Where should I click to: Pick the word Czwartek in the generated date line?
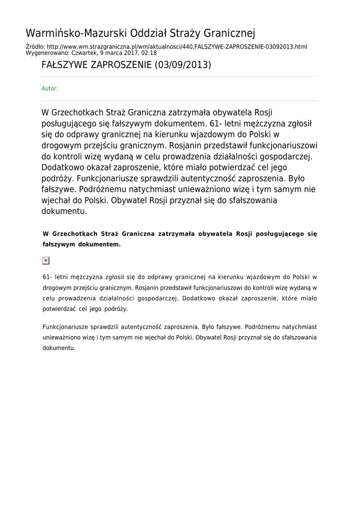(84, 52)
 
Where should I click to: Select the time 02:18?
(149, 52)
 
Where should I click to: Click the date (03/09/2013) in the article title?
(183, 65)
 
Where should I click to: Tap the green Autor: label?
(49, 88)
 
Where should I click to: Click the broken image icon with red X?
(46, 260)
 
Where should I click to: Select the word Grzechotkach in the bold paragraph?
(75, 233)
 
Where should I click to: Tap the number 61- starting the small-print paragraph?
(48, 276)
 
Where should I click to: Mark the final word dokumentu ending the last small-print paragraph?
(59, 348)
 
